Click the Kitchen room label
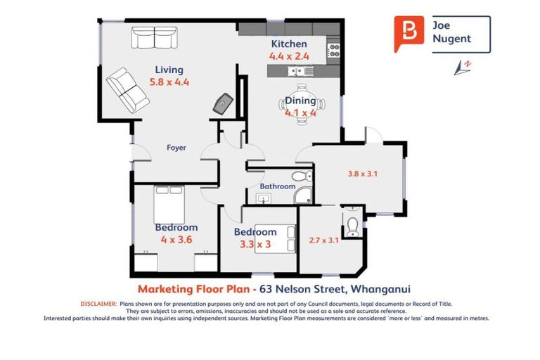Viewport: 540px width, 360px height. click(x=289, y=44)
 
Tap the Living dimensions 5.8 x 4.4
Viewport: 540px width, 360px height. click(x=169, y=82)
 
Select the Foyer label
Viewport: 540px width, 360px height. click(x=176, y=148)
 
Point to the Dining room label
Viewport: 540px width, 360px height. click(x=300, y=101)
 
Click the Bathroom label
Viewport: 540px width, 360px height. click(x=278, y=186)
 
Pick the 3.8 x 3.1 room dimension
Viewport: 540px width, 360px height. click(x=362, y=174)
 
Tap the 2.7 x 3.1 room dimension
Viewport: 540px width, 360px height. click(x=323, y=240)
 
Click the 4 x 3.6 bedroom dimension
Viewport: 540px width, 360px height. click(x=176, y=240)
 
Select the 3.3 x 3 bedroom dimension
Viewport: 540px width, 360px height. click(x=255, y=244)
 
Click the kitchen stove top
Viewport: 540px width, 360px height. click(x=333, y=51)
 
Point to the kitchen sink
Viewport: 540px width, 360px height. click(x=300, y=72)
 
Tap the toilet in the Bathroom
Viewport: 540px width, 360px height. click(x=302, y=176)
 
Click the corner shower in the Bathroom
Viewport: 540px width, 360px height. click(x=303, y=195)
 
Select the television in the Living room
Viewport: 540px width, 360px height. click(x=223, y=103)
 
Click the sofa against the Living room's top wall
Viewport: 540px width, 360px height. click(x=154, y=37)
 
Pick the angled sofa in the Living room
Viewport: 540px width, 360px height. click(x=128, y=90)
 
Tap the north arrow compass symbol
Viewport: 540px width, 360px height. click(x=463, y=67)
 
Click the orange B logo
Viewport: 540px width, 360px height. click(x=409, y=33)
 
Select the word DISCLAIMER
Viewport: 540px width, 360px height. click(x=98, y=304)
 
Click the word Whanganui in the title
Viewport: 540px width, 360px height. click(x=380, y=289)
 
